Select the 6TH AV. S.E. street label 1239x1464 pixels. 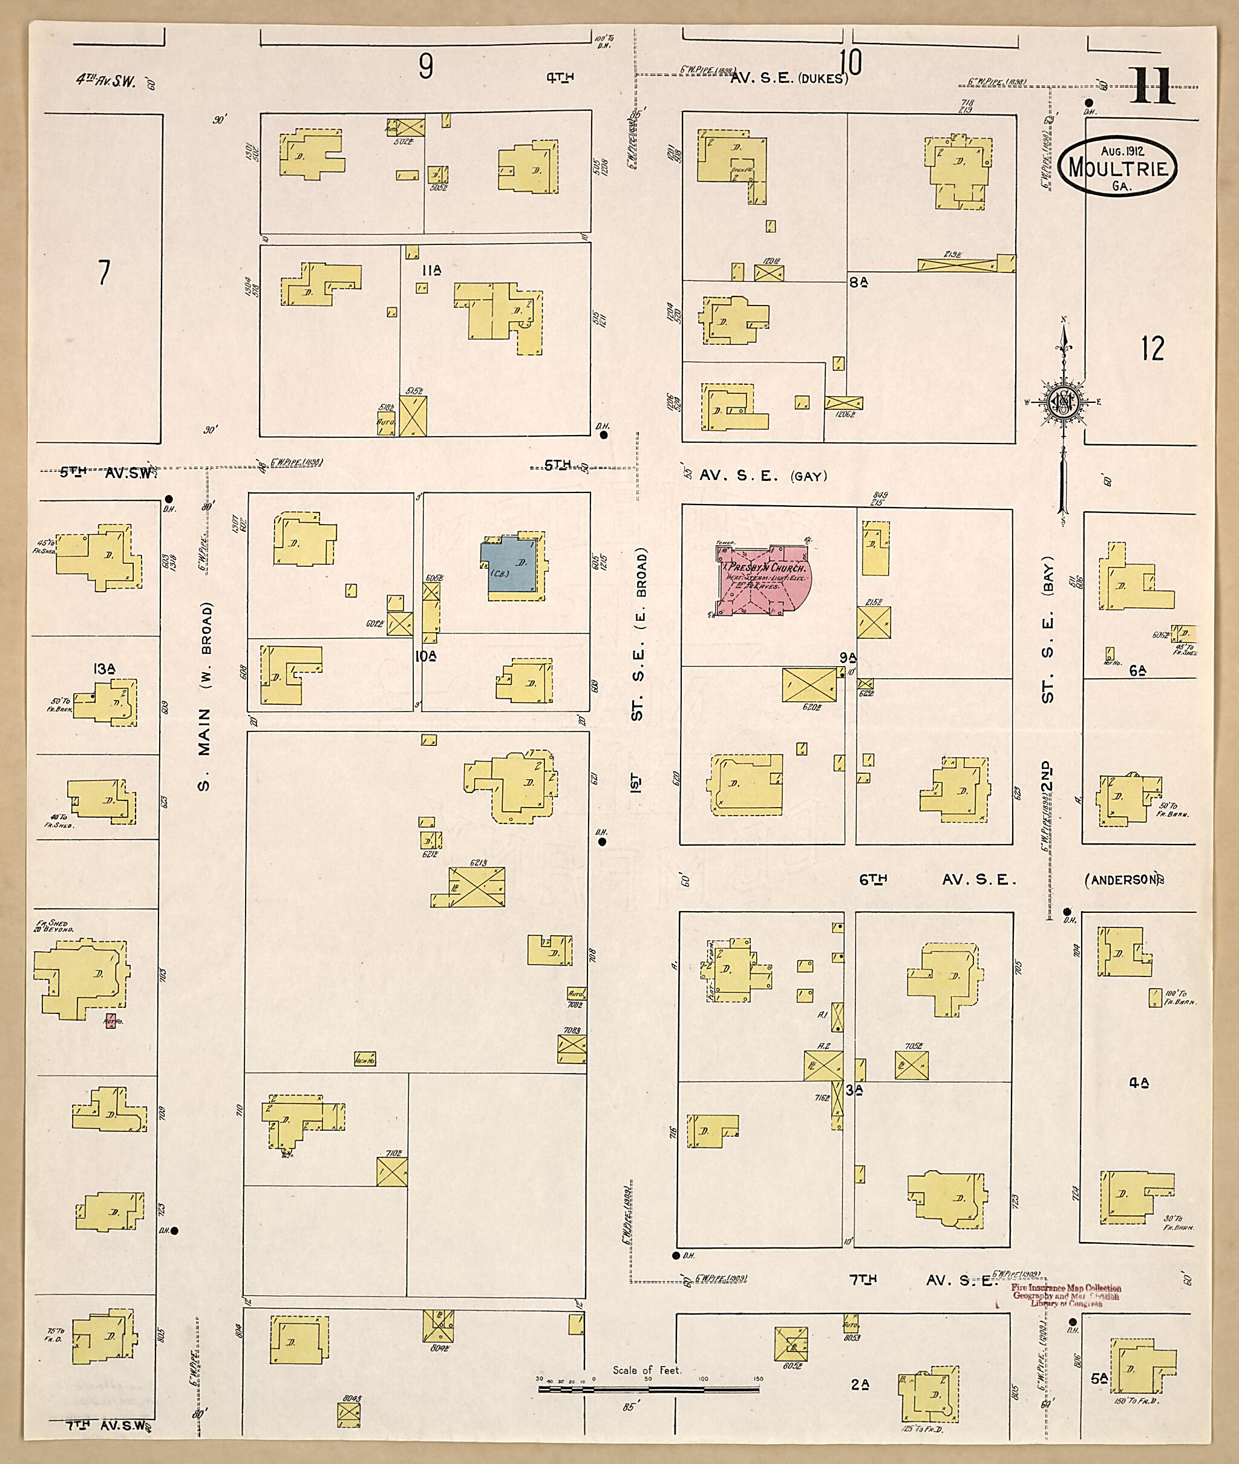(x=938, y=879)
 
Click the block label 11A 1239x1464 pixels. (x=431, y=270)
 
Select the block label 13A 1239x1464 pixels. (x=103, y=668)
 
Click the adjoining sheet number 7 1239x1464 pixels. (x=104, y=272)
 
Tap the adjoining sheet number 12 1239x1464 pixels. (x=1152, y=348)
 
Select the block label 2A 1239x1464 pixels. (x=860, y=1385)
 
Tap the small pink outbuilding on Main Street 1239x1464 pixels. (x=110, y=1021)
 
